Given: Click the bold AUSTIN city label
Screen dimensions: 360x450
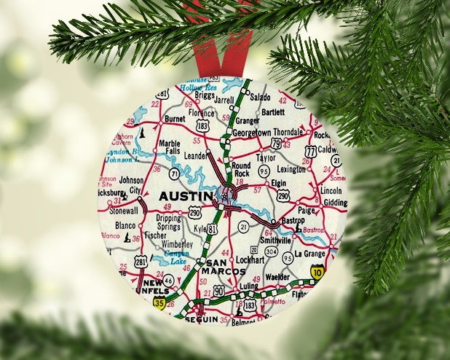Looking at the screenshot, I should click(186, 196).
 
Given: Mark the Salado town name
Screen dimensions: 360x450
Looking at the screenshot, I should click(260, 96).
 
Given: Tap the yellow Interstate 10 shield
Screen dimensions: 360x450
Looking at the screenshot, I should click(317, 272).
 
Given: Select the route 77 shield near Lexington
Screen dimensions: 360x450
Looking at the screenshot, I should click(310, 152).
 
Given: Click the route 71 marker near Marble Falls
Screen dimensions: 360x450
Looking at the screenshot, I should click(175, 173).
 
